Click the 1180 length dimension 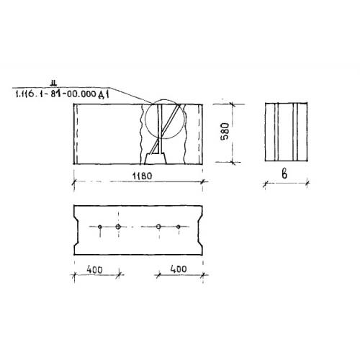point(143,176)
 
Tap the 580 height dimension point(225,131)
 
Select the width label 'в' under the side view point(284,174)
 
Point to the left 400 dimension point(95,269)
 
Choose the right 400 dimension point(179,269)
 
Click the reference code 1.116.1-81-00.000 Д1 point(63,94)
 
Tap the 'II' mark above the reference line point(53,84)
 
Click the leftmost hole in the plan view point(100,227)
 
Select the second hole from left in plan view point(118,227)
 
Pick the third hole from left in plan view point(158,227)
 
